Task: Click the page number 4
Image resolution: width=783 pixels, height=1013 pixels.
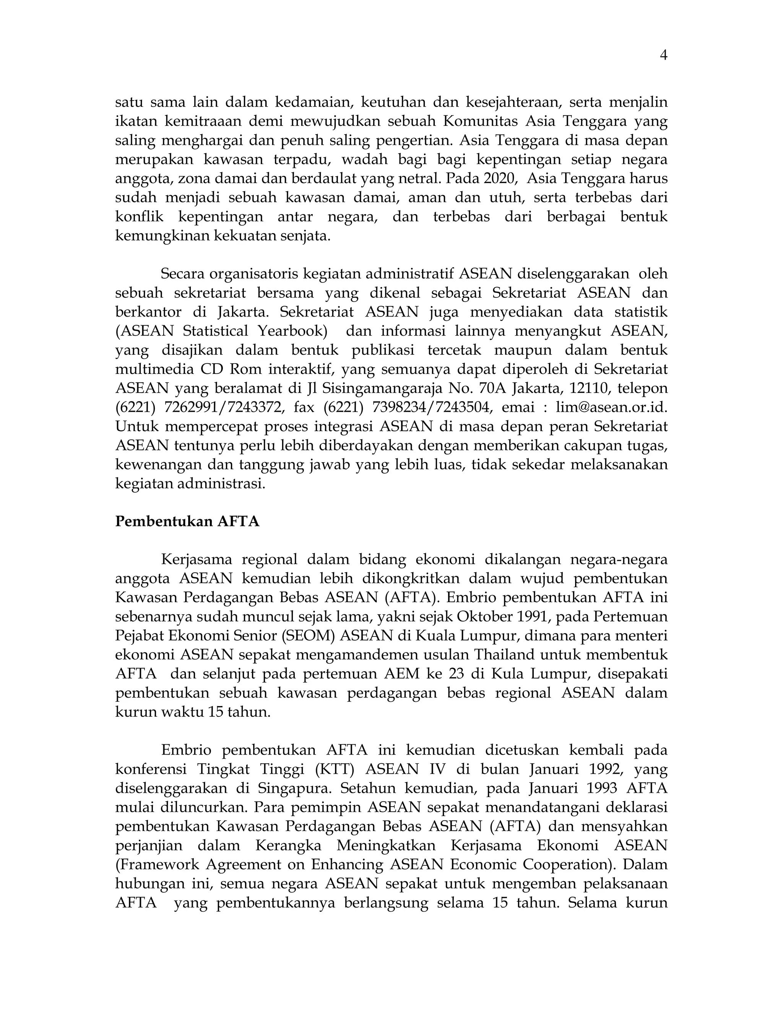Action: tap(663, 56)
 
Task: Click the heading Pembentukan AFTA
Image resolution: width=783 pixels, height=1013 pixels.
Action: tap(187, 521)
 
